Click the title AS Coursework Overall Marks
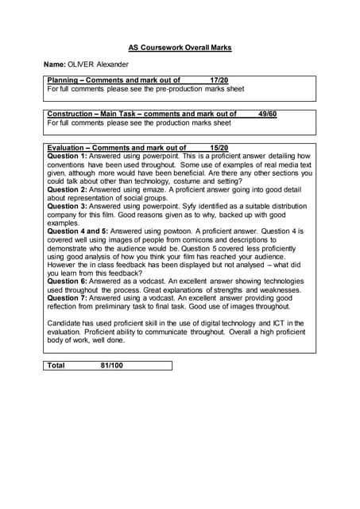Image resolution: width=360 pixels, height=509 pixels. click(x=180, y=48)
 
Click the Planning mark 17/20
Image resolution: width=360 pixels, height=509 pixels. click(x=219, y=80)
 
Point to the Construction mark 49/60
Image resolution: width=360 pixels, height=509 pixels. click(x=268, y=115)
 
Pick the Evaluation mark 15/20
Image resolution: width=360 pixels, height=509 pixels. click(x=219, y=148)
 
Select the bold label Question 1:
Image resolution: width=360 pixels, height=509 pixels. click(x=68, y=156)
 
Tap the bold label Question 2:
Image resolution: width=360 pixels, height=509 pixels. click(x=68, y=190)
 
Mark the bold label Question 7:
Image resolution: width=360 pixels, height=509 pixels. click(x=68, y=298)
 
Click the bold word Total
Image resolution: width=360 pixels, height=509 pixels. click(x=56, y=365)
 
